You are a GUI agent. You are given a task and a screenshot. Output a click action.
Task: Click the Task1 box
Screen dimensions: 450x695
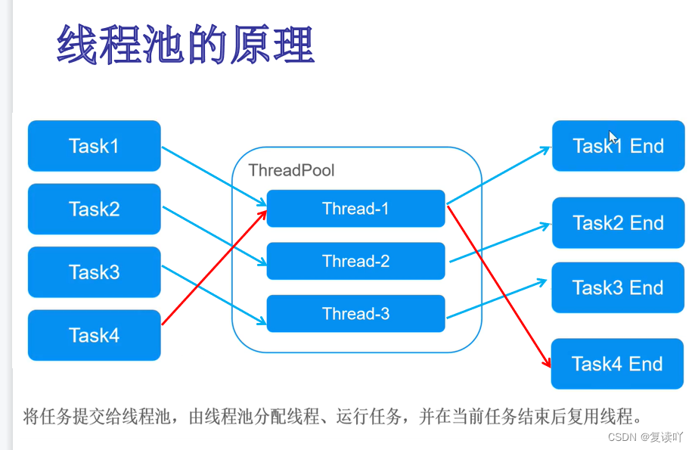pyautogui.click(x=94, y=146)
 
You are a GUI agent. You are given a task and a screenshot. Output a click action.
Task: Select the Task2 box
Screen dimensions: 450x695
pyautogui.click(x=94, y=209)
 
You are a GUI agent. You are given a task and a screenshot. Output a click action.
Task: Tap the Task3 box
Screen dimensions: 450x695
pyautogui.click(x=94, y=272)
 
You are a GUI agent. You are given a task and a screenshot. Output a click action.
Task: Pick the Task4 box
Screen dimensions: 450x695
pyautogui.click(x=94, y=335)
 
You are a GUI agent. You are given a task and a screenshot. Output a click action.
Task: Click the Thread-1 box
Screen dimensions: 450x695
pyautogui.click(x=355, y=209)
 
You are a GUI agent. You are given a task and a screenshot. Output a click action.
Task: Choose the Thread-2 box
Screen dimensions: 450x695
pyautogui.click(x=355, y=262)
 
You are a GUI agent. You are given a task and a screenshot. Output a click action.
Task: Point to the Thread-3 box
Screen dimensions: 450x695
pyautogui.click(x=355, y=314)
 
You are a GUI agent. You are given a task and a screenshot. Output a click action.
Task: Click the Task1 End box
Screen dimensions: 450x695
pyautogui.click(x=618, y=146)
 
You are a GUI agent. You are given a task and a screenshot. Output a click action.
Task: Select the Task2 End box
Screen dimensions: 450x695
pyautogui.click(x=618, y=223)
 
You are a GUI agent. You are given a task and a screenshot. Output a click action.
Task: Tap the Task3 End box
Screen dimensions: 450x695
pyautogui.click(x=618, y=287)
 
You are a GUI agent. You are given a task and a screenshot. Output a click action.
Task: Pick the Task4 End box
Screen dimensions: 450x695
pyautogui.click(x=618, y=364)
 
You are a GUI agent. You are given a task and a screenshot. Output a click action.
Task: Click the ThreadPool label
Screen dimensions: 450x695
pyautogui.click(x=291, y=170)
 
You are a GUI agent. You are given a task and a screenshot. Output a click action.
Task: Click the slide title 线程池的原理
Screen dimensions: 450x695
pyautogui.click(x=185, y=45)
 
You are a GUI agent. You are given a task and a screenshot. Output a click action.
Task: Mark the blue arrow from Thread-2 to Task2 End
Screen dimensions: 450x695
pyautogui.click(x=499, y=243)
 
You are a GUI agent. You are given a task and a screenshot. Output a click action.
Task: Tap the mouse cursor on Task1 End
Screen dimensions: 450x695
pyautogui.click(x=613, y=138)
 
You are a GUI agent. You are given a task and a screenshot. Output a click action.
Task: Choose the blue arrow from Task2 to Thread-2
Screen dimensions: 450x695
pyautogui.click(x=214, y=235)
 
